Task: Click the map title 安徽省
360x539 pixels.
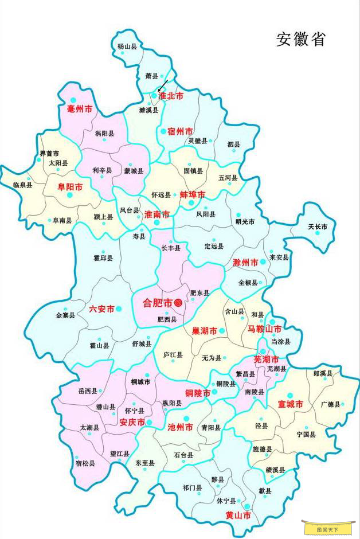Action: coord(302,40)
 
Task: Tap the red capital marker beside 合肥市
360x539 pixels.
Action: coord(178,302)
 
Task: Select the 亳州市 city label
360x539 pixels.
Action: coord(80,108)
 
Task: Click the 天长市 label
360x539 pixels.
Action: coord(318,227)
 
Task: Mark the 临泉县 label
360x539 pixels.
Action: coord(22,185)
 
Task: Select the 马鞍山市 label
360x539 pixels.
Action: coord(264,329)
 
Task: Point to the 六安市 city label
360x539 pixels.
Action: coord(101,308)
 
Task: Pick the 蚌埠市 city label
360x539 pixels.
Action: coord(193,195)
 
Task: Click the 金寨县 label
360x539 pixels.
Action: coord(65,315)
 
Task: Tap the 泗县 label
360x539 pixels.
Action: coord(233,144)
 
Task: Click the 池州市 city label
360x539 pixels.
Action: coord(179,427)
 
